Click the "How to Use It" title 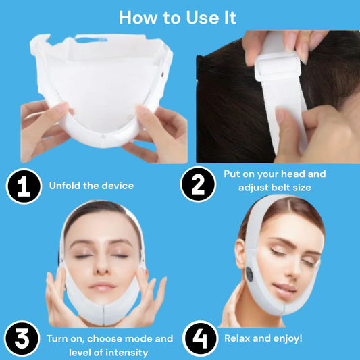178,18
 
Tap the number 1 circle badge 24,186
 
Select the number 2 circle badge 198,184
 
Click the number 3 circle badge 22,338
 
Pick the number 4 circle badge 200,338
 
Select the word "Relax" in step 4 237,338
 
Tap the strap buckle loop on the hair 278,67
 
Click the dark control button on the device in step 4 249,274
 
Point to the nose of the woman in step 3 102,265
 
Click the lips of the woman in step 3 103,287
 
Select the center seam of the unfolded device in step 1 103,141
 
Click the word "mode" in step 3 138,339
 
